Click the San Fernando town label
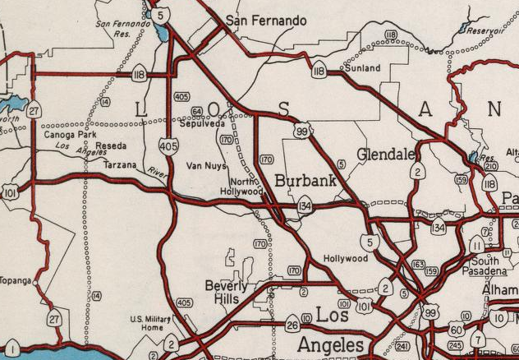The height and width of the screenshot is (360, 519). click(x=265, y=21)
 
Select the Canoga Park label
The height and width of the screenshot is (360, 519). click(x=76, y=135)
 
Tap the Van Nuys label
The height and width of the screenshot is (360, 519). click(x=205, y=165)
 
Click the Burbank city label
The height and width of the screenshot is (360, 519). click(x=305, y=180)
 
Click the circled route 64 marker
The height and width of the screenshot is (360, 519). click(x=196, y=111)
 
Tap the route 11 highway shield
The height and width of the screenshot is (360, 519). click(x=476, y=245)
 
